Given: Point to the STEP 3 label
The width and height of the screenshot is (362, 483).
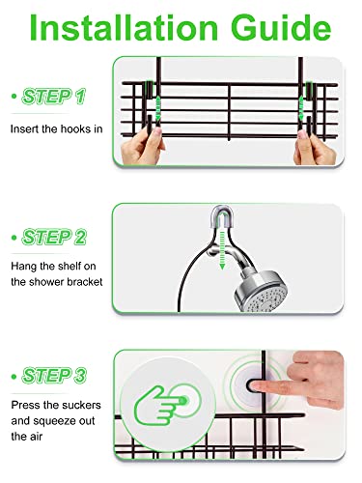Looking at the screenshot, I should (56, 374).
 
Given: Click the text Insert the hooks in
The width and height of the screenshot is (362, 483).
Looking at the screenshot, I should (56, 128).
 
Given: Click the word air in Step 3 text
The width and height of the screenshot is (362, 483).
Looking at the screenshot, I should (18, 436).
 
